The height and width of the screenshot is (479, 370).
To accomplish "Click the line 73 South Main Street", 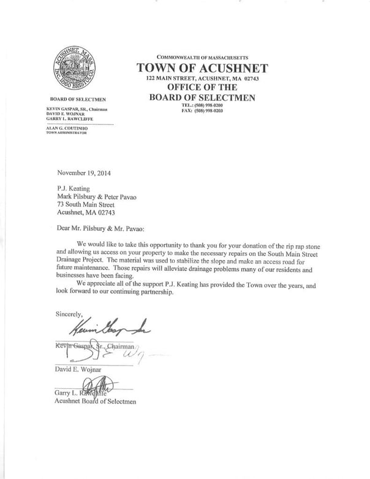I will pyautogui.click(x=86, y=204).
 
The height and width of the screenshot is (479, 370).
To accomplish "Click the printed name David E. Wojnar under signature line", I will pyautogui.click(x=78, y=370).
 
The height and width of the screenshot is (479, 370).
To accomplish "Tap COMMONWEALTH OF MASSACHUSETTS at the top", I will pyautogui.click(x=202, y=56).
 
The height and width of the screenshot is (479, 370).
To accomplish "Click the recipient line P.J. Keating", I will pyautogui.click(x=74, y=188).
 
